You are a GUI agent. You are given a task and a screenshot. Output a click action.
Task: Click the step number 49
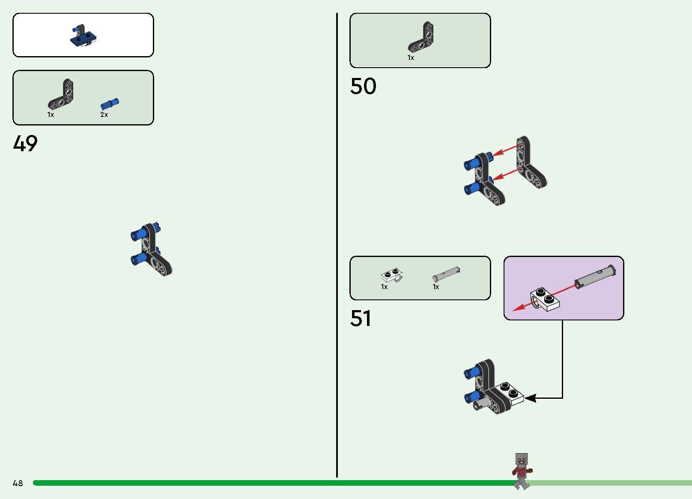click(25, 143)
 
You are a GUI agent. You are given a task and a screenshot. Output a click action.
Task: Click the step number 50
click(363, 86)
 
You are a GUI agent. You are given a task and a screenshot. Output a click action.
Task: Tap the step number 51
click(360, 318)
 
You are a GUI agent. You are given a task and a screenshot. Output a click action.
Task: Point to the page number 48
click(18, 483)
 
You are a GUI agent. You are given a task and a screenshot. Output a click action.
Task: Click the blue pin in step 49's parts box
click(110, 104)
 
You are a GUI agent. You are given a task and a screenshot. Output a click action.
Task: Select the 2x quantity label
click(104, 115)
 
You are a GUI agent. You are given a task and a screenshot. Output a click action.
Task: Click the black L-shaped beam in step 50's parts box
click(421, 37)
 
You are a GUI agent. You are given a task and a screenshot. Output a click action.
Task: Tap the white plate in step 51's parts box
click(392, 275)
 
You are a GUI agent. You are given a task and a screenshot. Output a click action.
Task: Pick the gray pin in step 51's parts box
click(446, 274)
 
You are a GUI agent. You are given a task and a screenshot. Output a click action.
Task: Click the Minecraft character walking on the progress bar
click(522, 471)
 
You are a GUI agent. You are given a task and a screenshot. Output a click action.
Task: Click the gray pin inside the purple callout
click(595, 277)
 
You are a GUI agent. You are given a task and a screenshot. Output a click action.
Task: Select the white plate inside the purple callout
click(545, 299)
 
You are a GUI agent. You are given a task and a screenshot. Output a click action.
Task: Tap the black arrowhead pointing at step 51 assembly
click(530, 398)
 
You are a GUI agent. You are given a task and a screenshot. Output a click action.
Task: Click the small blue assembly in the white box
click(83, 36)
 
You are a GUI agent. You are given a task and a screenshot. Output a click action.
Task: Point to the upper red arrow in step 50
click(505, 150)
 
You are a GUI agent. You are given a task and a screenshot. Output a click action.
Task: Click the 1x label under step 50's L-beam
click(411, 58)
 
